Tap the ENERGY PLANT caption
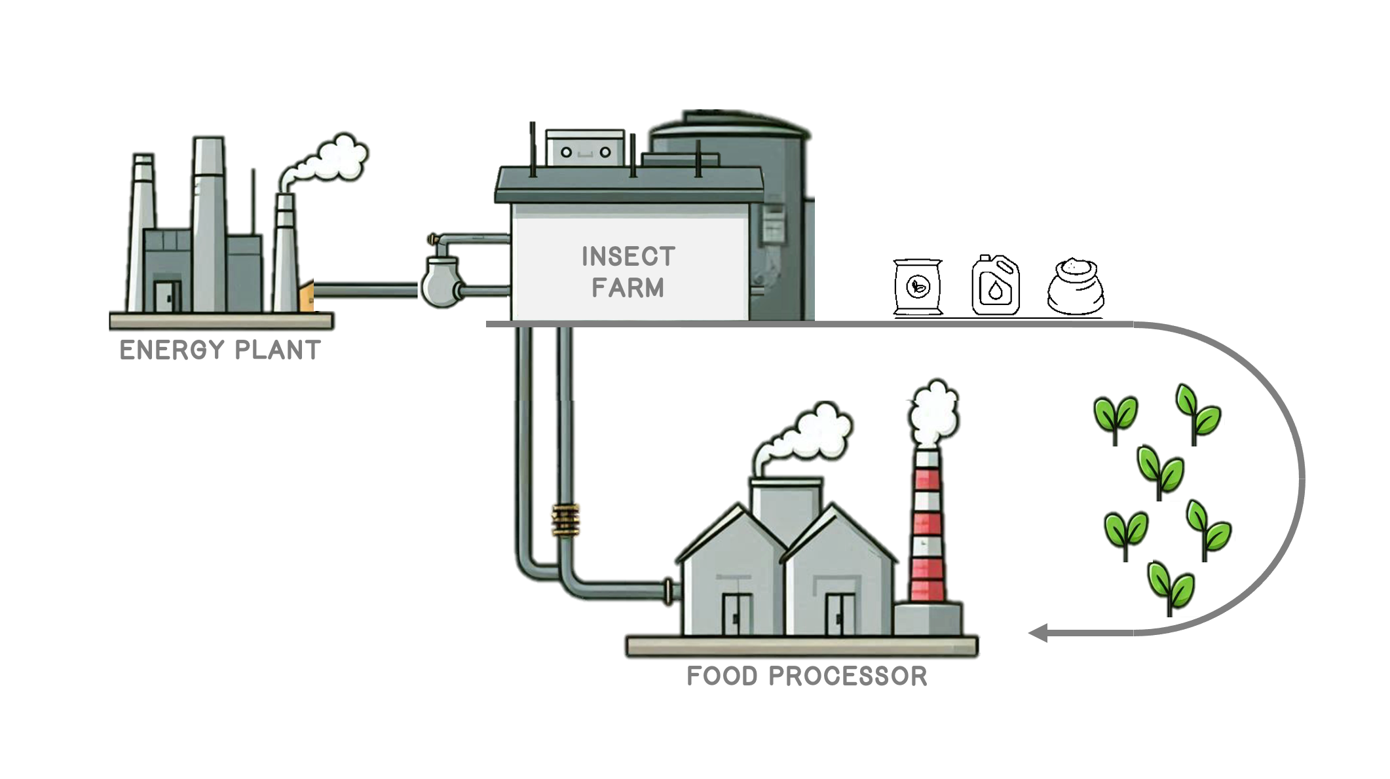click(220, 350)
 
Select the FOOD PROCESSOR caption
click(806, 676)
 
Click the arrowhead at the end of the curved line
click(1038, 633)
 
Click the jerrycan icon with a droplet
click(996, 285)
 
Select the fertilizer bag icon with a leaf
click(918, 287)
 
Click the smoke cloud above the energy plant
click(331, 160)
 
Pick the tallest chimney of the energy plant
click(209, 223)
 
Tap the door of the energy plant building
click(168, 296)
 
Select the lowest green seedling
click(1171, 587)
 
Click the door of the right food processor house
click(839, 614)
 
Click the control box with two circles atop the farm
click(585, 148)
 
